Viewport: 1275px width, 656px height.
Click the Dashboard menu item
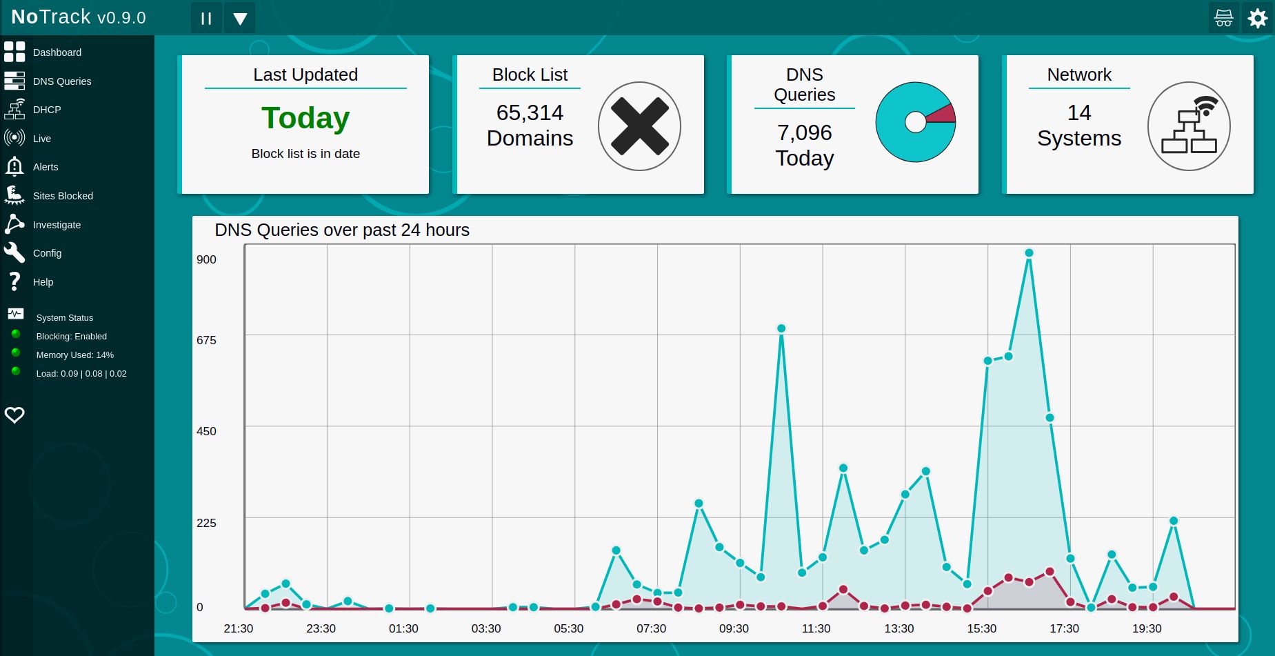click(x=57, y=52)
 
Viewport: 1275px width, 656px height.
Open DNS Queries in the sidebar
click(x=61, y=81)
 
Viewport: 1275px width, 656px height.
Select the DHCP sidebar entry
click(x=46, y=110)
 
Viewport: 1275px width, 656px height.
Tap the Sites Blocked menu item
click(x=62, y=196)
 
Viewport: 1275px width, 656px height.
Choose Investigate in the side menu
click(x=57, y=225)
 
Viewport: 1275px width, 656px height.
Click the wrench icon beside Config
click(x=14, y=252)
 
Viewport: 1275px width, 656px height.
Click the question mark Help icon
click(x=14, y=281)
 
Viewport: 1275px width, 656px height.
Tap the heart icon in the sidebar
click(x=14, y=415)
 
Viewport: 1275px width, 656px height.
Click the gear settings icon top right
click(x=1258, y=18)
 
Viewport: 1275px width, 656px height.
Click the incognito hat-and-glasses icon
click(x=1224, y=18)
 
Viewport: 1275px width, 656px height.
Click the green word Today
click(x=305, y=118)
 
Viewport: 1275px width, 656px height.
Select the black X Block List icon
click(x=639, y=126)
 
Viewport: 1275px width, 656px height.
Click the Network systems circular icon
click(x=1189, y=126)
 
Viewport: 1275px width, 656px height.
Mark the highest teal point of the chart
click(x=1029, y=253)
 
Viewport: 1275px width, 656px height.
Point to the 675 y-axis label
click(x=206, y=340)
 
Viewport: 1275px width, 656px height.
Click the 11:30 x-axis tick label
click(x=816, y=628)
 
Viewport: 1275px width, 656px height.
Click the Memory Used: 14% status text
click(x=74, y=355)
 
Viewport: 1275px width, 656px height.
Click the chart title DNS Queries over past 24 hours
click(x=342, y=230)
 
